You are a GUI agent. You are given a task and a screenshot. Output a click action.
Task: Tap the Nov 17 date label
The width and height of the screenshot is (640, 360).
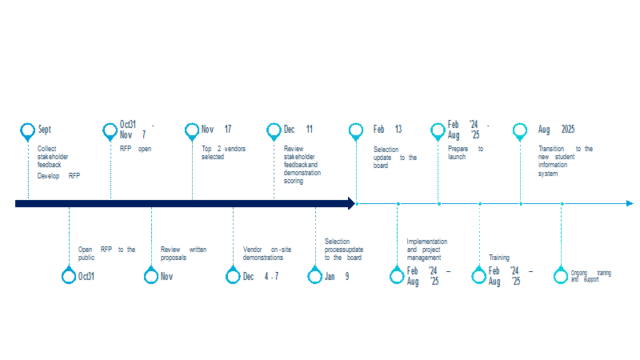(x=216, y=130)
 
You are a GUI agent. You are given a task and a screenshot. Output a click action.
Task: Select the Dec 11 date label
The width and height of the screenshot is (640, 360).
(x=298, y=130)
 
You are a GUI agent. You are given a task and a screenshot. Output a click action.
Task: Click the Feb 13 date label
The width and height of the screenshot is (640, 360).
(x=387, y=130)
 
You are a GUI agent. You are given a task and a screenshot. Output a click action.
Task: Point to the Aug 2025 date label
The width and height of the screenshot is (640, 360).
(x=556, y=130)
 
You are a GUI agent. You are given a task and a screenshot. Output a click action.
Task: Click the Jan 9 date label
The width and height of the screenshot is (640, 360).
(x=337, y=276)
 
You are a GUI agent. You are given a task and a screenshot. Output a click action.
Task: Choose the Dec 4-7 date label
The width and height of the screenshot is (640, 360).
(x=261, y=276)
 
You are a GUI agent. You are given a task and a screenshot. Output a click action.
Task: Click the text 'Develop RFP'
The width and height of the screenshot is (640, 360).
(x=58, y=176)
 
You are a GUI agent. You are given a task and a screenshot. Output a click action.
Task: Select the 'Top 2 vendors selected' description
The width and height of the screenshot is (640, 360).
(x=223, y=153)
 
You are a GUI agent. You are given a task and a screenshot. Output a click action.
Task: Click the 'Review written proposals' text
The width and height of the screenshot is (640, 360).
(x=183, y=254)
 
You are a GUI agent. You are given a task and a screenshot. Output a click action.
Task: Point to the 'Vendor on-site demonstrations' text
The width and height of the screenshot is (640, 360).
(x=267, y=254)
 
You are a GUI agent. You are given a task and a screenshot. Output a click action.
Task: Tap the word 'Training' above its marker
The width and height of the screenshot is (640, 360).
(x=499, y=258)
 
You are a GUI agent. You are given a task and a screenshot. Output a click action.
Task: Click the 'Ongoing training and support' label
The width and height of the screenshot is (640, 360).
(x=590, y=276)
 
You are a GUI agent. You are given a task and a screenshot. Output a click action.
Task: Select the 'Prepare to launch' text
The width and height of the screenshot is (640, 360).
(x=466, y=153)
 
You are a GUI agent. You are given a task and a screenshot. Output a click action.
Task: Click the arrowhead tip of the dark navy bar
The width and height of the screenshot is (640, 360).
(x=355, y=203)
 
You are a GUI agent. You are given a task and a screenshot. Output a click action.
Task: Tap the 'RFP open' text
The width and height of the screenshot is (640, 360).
(x=135, y=149)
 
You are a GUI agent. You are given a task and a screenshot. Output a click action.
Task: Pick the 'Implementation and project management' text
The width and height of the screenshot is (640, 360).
(x=427, y=250)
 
